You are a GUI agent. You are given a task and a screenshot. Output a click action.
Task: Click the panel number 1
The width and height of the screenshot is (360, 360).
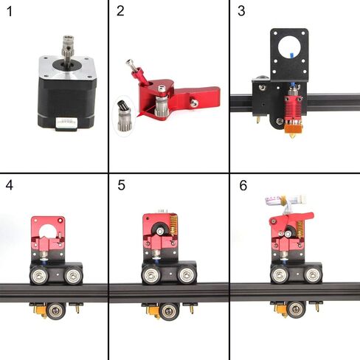click(x=10, y=12)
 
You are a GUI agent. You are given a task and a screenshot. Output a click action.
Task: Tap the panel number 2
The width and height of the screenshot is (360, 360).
click(x=120, y=11)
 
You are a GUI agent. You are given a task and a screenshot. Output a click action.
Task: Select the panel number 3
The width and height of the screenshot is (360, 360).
click(x=241, y=11)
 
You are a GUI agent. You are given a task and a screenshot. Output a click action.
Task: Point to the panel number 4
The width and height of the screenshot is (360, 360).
click(x=10, y=185)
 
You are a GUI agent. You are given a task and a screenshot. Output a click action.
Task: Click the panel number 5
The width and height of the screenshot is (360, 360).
click(x=121, y=185)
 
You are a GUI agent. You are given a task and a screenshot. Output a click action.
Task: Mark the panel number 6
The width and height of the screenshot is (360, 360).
click(x=243, y=185)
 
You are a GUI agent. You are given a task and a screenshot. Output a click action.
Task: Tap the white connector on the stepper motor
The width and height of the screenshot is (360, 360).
click(x=66, y=122)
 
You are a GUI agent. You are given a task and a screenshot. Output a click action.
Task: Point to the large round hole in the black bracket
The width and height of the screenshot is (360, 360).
click(x=289, y=48)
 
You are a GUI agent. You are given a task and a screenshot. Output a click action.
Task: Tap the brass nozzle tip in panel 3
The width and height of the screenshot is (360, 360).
click(x=292, y=136)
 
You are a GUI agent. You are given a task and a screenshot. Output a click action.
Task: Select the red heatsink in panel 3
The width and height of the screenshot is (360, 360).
click(x=293, y=108)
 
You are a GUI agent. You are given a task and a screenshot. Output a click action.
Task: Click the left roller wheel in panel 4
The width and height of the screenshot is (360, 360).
click(x=39, y=276)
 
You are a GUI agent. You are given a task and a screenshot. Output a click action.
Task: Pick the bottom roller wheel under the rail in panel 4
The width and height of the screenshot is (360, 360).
click(x=55, y=311)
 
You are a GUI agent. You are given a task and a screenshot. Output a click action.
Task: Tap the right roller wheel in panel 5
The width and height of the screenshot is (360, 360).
click(x=186, y=275)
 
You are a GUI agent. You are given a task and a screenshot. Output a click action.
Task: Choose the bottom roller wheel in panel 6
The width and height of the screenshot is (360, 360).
click(x=296, y=310)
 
